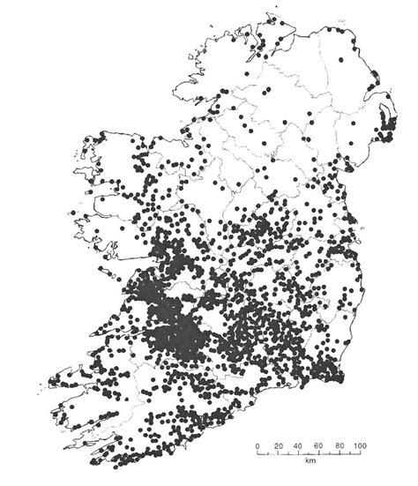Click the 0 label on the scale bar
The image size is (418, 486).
click(x=257, y=447)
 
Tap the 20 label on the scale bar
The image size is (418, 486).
click(x=278, y=447)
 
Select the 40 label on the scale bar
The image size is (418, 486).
click(x=298, y=447)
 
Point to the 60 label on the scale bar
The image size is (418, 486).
click(x=318, y=447)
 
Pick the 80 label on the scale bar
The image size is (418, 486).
click(x=339, y=447)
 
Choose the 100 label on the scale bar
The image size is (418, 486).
click(x=360, y=447)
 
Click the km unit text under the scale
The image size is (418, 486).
click(x=310, y=461)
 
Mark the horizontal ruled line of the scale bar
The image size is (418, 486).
click(x=309, y=438)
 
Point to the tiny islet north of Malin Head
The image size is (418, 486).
click(x=255, y=11)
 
